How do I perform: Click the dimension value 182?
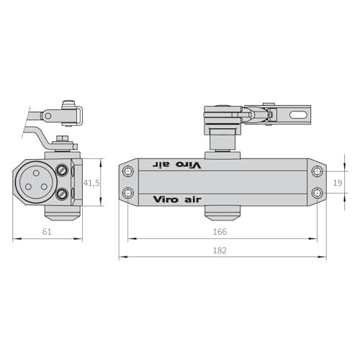click(x=220, y=251)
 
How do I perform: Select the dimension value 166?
click(x=220, y=232)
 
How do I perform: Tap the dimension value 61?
click(x=47, y=232)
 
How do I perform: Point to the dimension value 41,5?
click(x=91, y=183)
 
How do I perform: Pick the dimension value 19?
click(x=338, y=183)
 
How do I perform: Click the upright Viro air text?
click(x=177, y=199)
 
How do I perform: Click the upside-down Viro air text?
click(x=177, y=165)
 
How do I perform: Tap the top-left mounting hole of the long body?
click(x=128, y=171)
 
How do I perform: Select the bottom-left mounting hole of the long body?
click(x=128, y=193)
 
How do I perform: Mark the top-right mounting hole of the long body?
click(x=318, y=171)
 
